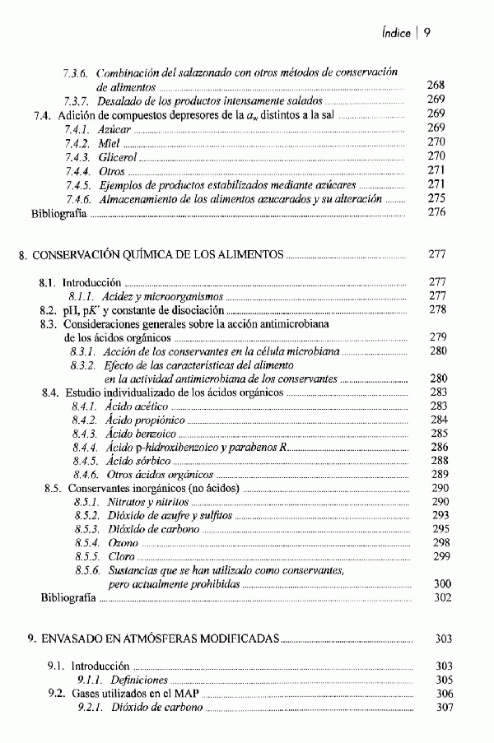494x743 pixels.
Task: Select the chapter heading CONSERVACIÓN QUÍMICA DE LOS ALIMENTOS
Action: click(156, 254)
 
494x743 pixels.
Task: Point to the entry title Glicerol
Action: click(119, 156)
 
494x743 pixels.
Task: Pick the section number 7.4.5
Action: click(77, 184)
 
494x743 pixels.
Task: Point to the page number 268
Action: click(436, 86)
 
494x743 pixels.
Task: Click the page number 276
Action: click(436, 212)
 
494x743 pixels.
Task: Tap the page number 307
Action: click(444, 708)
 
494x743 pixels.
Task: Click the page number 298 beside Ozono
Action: click(441, 543)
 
